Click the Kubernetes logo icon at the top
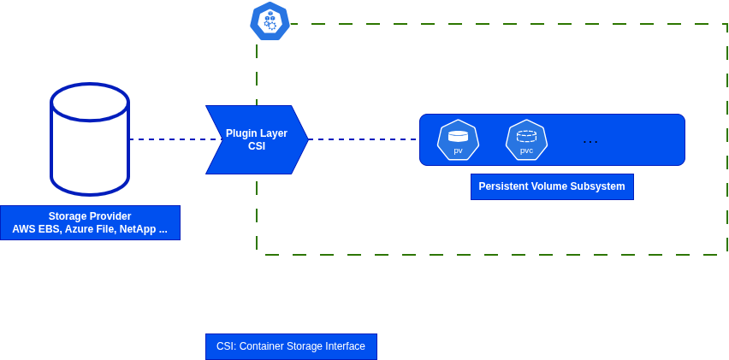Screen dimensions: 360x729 pyautogui.click(x=270, y=21)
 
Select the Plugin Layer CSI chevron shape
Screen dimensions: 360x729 pyautogui.click(x=257, y=139)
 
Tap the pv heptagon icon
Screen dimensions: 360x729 pyautogui.click(x=458, y=139)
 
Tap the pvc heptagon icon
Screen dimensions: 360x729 pyautogui.click(x=526, y=139)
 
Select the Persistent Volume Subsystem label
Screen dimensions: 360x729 pyautogui.click(x=552, y=186)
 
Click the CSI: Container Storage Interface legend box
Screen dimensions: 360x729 pyautogui.click(x=291, y=346)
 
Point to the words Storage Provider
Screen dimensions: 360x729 pyautogui.click(x=90, y=216)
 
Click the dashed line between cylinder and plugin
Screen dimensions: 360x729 pyautogui.click(x=171, y=139)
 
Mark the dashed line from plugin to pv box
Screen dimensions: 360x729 pyautogui.click(x=364, y=139)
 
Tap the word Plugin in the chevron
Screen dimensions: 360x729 pyautogui.click(x=241, y=133)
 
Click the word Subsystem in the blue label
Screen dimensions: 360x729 pyautogui.click(x=597, y=186)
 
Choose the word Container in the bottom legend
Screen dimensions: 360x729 pyautogui.click(x=268, y=346)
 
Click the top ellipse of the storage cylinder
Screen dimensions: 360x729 pyautogui.click(x=90, y=101)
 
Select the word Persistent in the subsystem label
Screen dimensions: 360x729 pyautogui.click(x=502, y=186)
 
